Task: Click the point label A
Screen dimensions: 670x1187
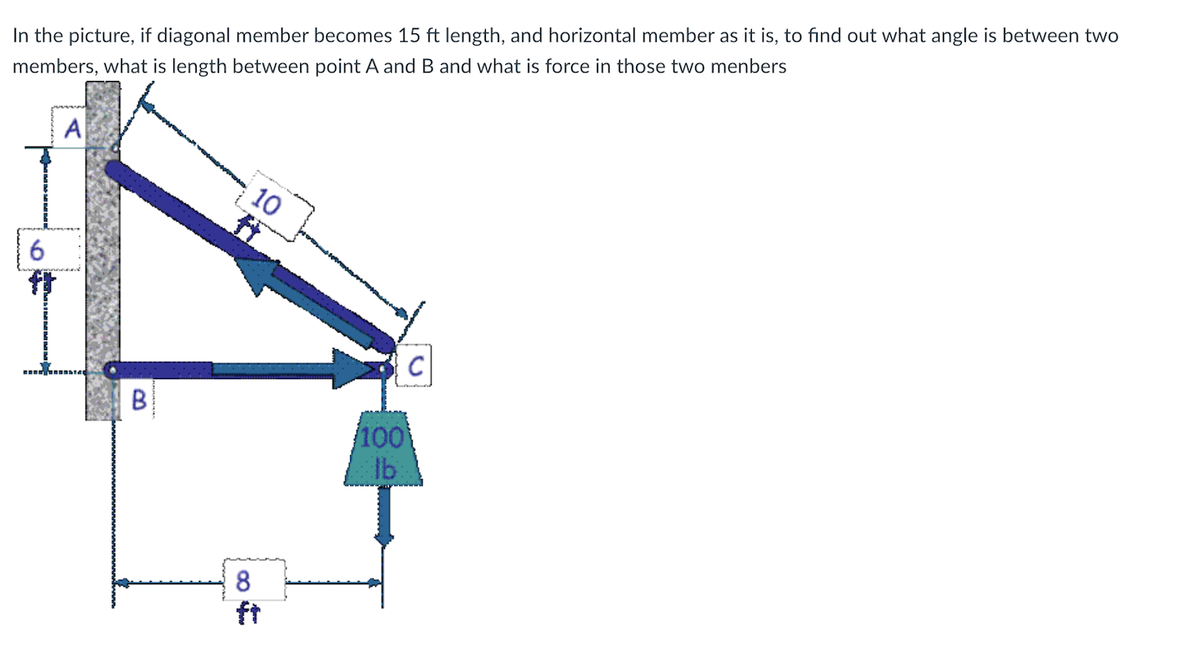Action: pyautogui.click(x=73, y=128)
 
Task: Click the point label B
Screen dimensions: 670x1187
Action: pyautogui.click(x=139, y=401)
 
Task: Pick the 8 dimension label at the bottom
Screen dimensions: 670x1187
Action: pyautogui.click(x=243, y=579)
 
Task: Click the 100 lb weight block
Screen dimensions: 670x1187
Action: pyautogui.click(x=383, y=450)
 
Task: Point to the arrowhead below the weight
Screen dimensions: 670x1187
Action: pyautogui.click(x=383, y=538)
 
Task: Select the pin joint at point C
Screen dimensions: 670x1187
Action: pyautogui.click(x=383, y=368)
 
